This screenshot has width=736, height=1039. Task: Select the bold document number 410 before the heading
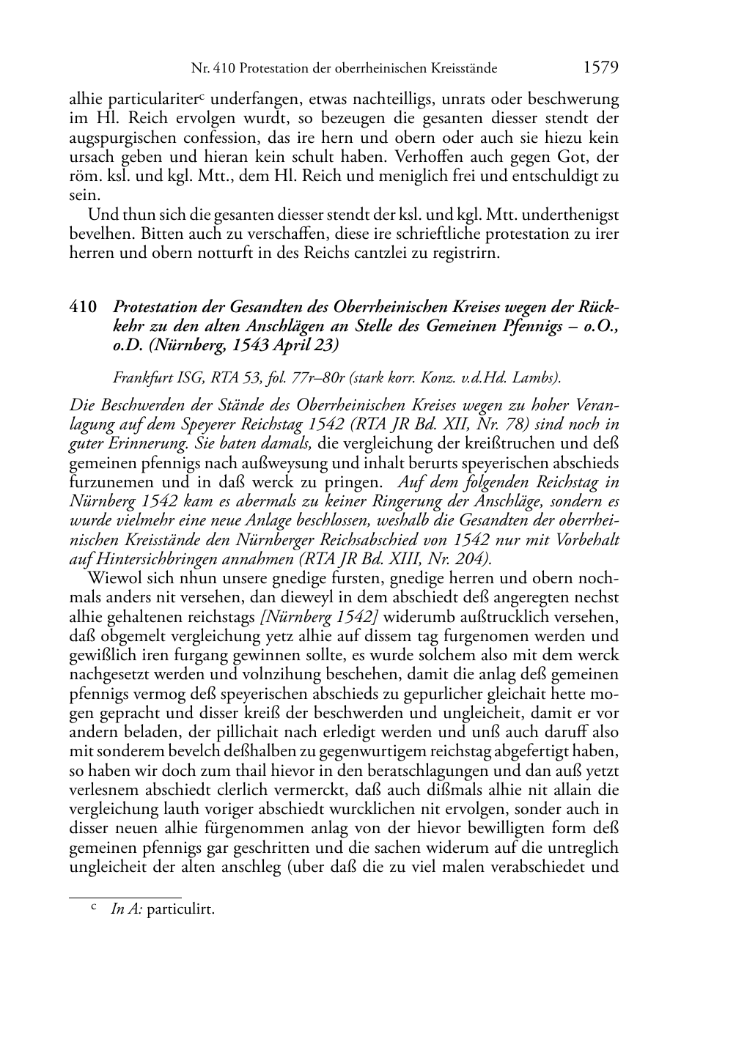[x=83, y=307]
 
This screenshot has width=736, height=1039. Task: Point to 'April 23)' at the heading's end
[x=308, y=345]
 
